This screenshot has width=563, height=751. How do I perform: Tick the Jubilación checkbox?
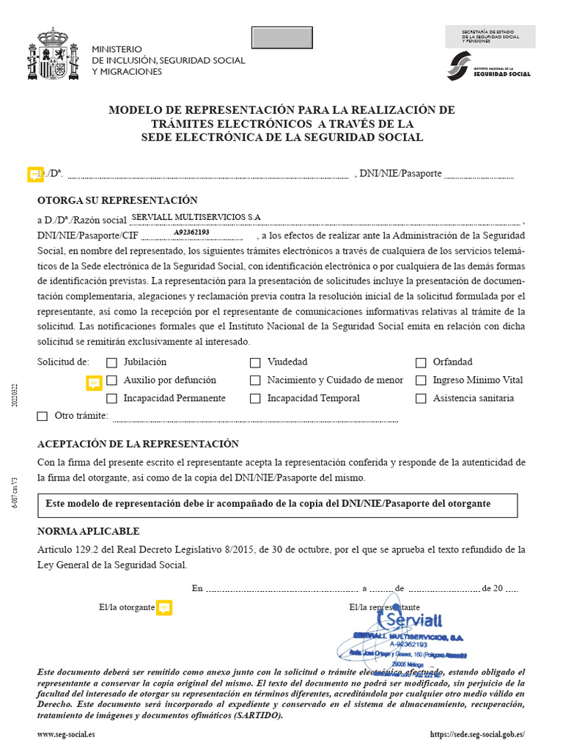tap(111, 362)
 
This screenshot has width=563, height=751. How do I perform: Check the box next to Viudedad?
tap(255, 362)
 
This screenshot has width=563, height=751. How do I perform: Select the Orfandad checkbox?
tap(421, 362)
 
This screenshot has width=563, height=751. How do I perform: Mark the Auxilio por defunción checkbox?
tap(111, 381)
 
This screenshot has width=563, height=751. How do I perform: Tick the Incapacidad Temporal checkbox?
tap(255, 399)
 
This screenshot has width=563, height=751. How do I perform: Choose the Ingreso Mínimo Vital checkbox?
tap(421, 381)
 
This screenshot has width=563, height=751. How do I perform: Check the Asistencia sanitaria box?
tap(421, 399)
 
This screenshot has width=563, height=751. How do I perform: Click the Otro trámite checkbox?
tap(43, 417)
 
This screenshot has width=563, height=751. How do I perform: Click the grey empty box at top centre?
tap(282, 37)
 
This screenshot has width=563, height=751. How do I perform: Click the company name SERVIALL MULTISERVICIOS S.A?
tap(196, 217)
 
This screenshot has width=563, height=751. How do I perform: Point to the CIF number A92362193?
tap(191, 232)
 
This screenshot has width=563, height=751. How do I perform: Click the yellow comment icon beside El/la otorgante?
tap(164, 607)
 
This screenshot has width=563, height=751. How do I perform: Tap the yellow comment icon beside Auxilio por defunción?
tap(94, 383)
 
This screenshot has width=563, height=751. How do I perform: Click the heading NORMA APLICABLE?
tap(88, 531)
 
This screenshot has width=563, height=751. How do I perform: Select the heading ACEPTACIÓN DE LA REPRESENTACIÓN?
tap(138, 444)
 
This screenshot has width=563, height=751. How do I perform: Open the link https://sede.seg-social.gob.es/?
tap(477, 734)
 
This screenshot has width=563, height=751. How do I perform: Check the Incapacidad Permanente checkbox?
tap(111, 399)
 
